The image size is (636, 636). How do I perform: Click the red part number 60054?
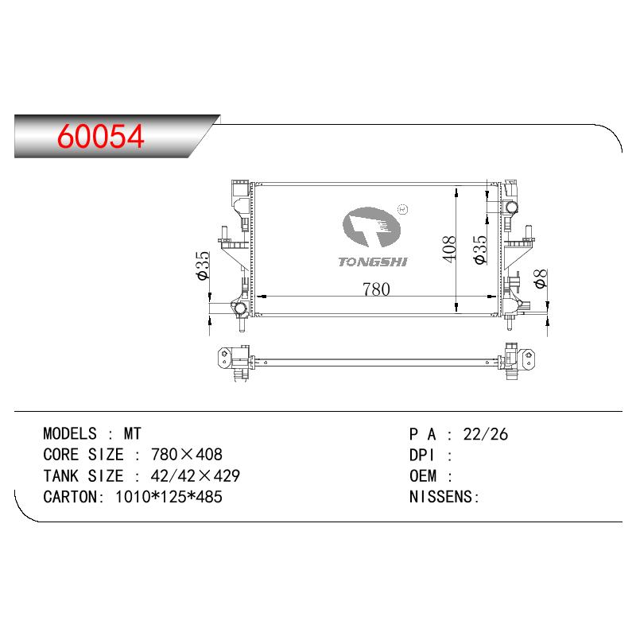101,136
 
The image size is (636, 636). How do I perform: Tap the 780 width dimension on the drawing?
376,289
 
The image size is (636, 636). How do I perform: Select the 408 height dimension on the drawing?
449,249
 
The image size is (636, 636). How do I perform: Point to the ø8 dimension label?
541,279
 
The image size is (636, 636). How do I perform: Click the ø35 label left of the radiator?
203,266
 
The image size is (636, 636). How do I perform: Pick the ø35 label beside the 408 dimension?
480,250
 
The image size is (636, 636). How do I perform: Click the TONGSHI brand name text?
373,262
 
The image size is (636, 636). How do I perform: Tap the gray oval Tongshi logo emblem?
371,227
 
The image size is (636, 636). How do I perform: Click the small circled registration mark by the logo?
403,209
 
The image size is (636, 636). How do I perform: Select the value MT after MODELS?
132,434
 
